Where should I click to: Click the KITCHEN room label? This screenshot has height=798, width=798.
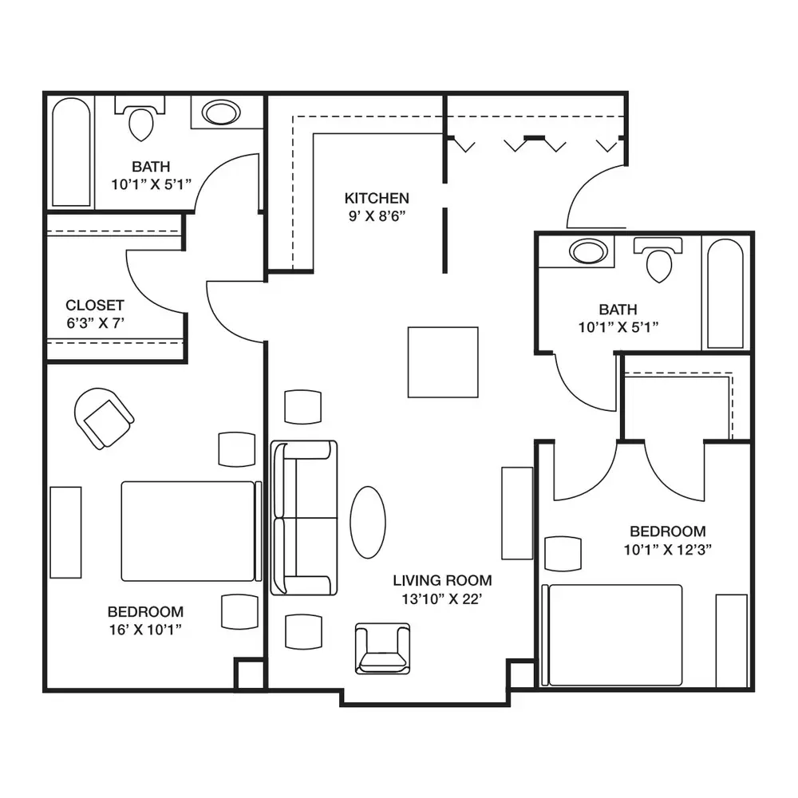[x=377, y=198]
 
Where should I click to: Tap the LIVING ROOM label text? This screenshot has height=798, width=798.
[x=442, y=580]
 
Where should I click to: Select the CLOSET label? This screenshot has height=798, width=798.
[x=95, y=306]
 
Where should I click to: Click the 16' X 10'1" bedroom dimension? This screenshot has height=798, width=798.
[x=145, y=630]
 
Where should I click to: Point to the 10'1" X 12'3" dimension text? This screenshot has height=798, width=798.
[x=668, y=550]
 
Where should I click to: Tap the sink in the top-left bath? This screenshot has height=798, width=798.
[x=221, y=113]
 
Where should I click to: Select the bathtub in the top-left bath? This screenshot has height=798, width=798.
[x=71, y=152]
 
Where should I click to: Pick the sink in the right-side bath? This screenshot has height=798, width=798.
[x=588, y=251]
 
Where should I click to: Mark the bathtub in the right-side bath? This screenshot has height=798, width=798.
[x=725, y=294]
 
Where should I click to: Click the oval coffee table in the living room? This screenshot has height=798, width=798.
[x=368, y=522]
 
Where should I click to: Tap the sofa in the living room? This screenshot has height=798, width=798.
[x=304, y=518]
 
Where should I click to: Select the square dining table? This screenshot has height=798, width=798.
[x=443, y=362]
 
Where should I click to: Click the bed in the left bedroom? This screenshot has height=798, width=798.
[x=192, y=531]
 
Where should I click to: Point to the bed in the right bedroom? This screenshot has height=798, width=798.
[x=612, y=635]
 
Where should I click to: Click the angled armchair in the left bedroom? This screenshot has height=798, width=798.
[x=105, y=418]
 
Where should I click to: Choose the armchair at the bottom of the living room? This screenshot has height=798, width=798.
[x=383, y=649]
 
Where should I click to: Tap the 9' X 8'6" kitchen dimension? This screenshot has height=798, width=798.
[x=377, y=216]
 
